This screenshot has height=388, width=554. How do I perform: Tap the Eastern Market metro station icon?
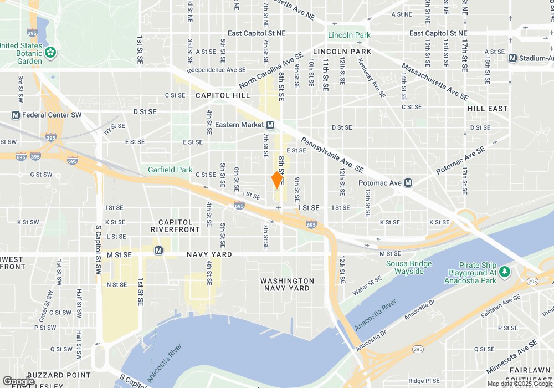(270, 125)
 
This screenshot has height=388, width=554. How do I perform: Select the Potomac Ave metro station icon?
(408, 182)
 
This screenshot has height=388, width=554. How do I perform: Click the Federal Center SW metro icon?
(16, 115)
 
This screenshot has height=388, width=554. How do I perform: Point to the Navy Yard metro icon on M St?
(159, 250)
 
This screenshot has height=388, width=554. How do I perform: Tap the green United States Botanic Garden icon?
(51, 53)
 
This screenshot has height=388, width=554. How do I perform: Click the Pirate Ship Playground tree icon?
(504, 271)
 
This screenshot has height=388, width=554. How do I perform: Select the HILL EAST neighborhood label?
(488, 109)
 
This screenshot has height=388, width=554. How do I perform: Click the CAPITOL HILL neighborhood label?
(223, 95)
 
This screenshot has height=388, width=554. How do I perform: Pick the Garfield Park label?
(170, 170)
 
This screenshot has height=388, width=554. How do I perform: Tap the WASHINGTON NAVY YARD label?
(288, 284)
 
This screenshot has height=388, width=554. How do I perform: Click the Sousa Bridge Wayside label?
(409, 267)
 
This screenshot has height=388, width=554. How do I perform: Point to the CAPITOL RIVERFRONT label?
(175, 226)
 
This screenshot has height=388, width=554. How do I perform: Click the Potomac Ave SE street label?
(460, 160)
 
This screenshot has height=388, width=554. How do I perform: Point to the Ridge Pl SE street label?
(424, 381)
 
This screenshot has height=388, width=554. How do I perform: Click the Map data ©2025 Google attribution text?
(520, 384)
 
